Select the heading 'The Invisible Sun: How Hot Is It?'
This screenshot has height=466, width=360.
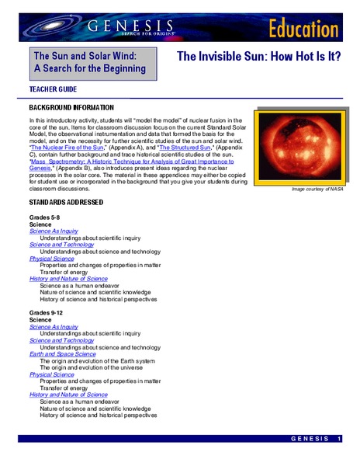[259, 57]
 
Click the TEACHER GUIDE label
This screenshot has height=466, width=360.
[57, 90]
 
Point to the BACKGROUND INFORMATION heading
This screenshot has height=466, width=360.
[71, 106]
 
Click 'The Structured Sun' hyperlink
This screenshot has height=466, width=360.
[185, 146]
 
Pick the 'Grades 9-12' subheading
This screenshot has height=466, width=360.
[47, 311]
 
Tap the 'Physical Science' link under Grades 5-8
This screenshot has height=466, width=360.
[51, 258]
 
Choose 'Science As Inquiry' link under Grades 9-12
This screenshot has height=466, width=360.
[54, 326]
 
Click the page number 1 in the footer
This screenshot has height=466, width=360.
[339, 440]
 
